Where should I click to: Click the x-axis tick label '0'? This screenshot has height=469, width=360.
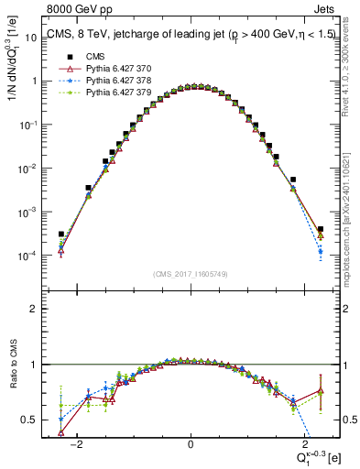coord(190,444)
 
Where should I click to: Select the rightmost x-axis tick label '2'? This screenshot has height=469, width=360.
coord(301,444)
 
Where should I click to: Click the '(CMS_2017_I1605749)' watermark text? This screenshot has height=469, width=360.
coord(190,275)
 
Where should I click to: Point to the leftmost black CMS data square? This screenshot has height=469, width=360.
coord(60,234)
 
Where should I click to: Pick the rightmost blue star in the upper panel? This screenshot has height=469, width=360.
coord(320,251)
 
